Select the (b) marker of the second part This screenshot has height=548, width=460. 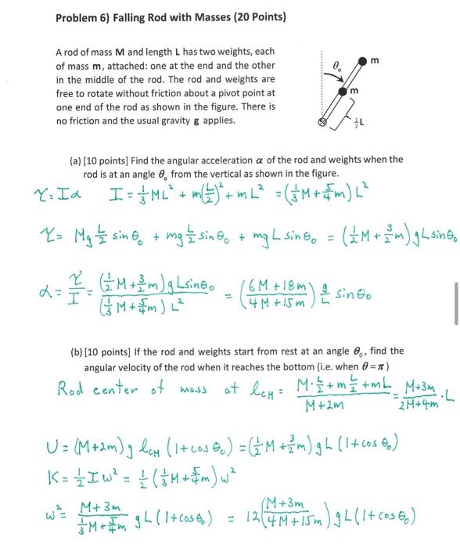click(76, 351)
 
